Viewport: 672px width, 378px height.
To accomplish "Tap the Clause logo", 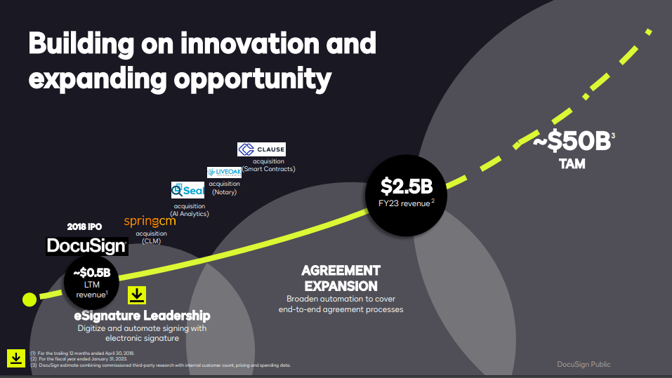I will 262,149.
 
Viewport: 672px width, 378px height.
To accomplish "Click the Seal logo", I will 187,190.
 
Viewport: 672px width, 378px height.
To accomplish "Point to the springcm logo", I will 150,222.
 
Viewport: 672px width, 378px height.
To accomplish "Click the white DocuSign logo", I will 86,245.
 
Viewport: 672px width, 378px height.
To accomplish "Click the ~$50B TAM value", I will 572,142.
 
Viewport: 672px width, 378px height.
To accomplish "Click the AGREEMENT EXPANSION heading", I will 341,278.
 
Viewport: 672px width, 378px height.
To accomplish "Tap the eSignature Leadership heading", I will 142,316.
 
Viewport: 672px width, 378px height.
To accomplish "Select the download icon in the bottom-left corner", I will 15,358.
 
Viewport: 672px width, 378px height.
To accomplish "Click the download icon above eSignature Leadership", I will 137,295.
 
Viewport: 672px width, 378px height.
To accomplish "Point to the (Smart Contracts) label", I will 268,169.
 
